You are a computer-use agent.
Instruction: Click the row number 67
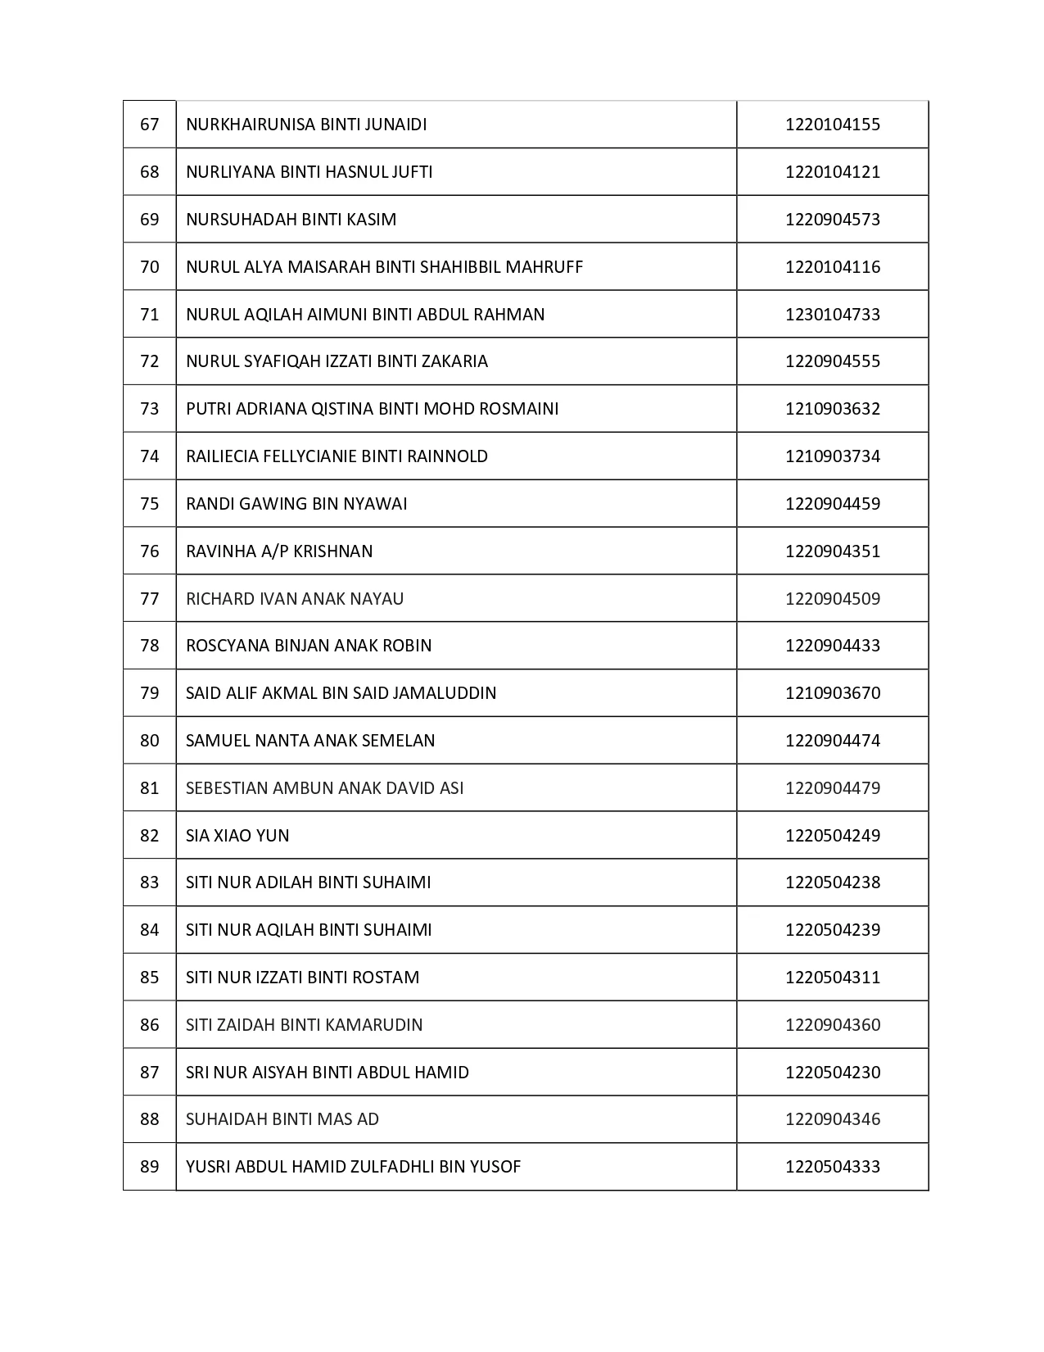pyautogui.click(x=150, y=125)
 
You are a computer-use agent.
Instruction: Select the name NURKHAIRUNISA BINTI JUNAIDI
pyautogui.click(x=306, y=125)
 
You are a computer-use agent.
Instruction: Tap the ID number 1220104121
pyautogui.click(x=832, y=172)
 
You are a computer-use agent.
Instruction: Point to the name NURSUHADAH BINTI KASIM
pyautogui.click(x=291, y=220)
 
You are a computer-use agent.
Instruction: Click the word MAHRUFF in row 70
pyautogui.click(x=545, y=267)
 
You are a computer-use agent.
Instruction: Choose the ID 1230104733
pyautogui.click(x=832, y=315)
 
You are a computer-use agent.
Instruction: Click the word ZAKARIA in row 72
pyautogui.click(x=454, y=361)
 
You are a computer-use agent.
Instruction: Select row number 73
pyautogui.click(x=150, y=409)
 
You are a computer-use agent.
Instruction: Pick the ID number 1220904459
pyautogui.click(x=832, y=504)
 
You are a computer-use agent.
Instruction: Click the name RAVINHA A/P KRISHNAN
pyautogui.click(x=279, y=551)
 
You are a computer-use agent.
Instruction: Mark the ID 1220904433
pyautogui.click(x=832, y=646)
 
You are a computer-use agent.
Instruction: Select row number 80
pyautogui.click(x=150, y=741)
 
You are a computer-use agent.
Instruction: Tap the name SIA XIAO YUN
pyautogui.click(x=237, y=836)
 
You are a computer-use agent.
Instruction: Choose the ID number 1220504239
pyautogui.click(x=832, y=930)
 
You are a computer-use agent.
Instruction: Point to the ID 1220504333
pyautogui.click(x=832, y=1167)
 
